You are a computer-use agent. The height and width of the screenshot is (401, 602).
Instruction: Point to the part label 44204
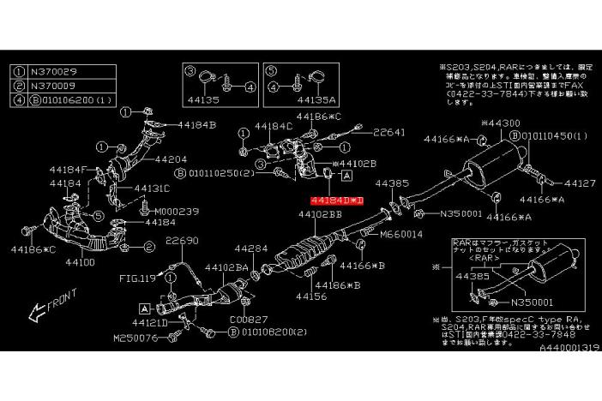click(171, 159)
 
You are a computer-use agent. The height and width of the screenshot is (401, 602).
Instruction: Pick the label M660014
click(401, 233)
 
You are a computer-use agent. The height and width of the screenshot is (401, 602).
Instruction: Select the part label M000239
click(175, 211)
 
